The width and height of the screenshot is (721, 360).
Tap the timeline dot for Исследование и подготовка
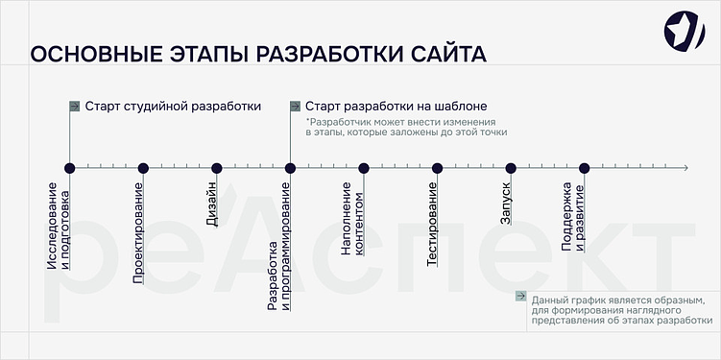(69, 168)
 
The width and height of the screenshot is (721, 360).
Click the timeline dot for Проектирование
(143, 168)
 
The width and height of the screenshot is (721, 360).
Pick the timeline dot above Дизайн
(217, 168)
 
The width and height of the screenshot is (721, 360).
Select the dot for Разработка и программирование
(290, 168)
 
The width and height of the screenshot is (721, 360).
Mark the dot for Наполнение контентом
(364, 168)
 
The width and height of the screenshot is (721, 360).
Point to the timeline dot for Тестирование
(437, 168)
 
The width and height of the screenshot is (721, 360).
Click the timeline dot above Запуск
(511, 168)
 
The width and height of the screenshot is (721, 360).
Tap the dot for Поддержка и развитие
(584, 168)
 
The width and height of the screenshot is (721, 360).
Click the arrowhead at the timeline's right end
(685, 168)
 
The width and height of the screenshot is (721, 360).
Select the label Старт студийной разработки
(173, 106)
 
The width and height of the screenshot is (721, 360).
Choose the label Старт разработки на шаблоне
(396, 106)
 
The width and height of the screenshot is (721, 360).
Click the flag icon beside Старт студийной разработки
(74, 106)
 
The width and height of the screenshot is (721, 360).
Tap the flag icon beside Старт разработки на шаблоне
(295, 106)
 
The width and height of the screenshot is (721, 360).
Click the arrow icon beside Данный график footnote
(520, 297)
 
